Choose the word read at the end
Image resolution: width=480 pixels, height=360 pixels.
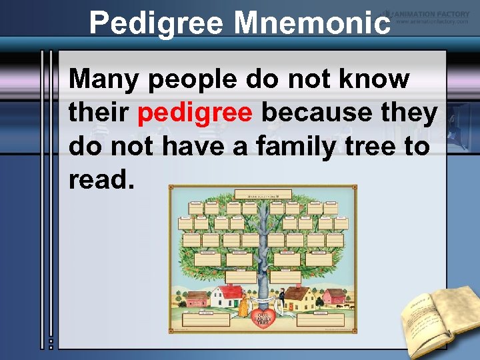tap(97, 179)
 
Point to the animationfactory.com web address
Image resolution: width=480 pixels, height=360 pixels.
tap(433, 21)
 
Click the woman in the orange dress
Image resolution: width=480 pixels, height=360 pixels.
tap(245, 303)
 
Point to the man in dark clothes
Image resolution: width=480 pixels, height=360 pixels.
tap(282, 299)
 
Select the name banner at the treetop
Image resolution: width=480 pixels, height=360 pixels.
tap(263, 195)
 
